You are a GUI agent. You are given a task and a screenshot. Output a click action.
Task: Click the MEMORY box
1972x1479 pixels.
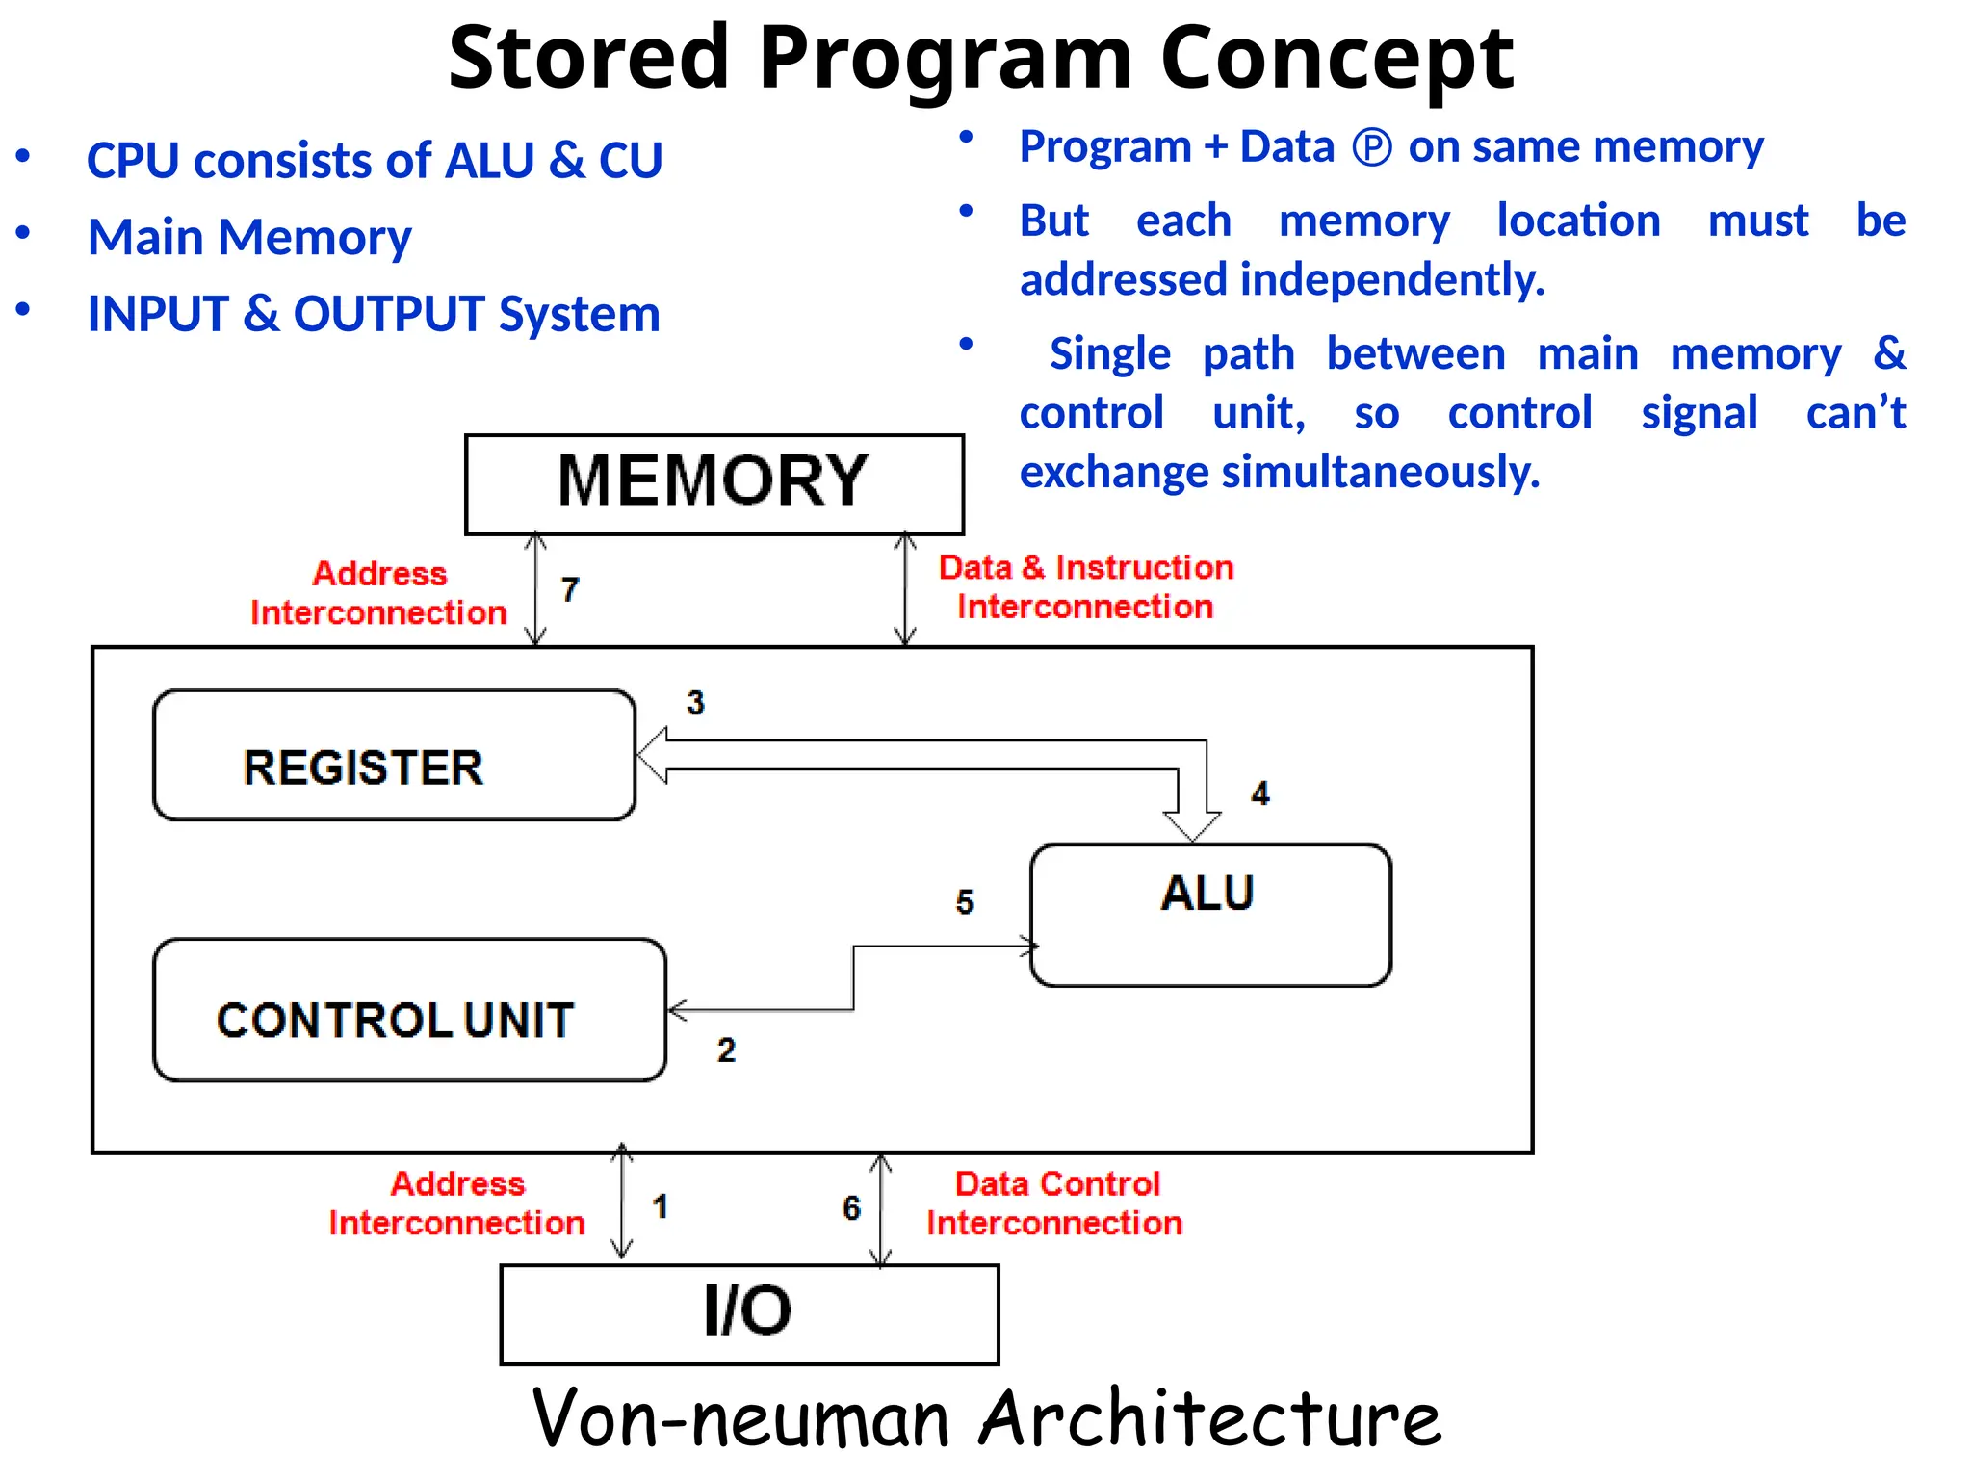pos(714,483)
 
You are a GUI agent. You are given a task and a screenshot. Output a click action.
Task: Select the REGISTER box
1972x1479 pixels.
pos(394,756)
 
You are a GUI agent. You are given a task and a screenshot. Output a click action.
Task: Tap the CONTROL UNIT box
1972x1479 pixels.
pos(409,1010)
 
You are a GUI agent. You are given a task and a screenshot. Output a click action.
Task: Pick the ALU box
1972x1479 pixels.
pos(1210,915)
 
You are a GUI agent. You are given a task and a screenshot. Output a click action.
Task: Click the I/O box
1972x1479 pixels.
pos(749,1313)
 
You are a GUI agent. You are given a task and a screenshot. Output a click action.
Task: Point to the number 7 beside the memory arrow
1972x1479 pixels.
pos(570,589)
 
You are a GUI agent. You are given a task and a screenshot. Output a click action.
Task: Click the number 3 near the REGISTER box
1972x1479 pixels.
pos(695,703)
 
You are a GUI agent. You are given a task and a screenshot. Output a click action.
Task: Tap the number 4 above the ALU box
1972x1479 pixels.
pos(1260,793)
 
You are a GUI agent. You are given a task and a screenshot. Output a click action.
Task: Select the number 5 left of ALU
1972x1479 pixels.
pos(965,902)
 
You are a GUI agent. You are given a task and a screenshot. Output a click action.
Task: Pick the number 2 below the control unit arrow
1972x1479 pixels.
pos(726,1050)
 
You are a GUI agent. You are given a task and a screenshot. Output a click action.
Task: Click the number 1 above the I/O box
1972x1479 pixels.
pos(661,1207)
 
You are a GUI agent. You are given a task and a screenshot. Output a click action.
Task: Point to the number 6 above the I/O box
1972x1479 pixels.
pos(851,1207)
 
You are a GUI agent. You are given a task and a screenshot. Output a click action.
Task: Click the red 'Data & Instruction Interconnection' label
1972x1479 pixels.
pos(1086,586)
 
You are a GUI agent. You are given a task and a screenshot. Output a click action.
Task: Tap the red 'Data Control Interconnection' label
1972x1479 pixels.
pos(1055,1203)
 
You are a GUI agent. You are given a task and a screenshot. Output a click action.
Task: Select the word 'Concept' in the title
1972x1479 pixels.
pos(1337,58)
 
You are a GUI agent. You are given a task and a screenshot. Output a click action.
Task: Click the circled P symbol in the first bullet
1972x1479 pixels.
pos(1372,147)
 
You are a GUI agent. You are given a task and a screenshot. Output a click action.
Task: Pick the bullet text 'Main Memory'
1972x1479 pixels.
pos(249,238)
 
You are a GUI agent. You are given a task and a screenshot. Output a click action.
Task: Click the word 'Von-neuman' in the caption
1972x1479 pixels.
pos(740,1418)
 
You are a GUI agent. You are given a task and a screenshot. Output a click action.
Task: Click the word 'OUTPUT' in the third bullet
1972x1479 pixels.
pos(389,314)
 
